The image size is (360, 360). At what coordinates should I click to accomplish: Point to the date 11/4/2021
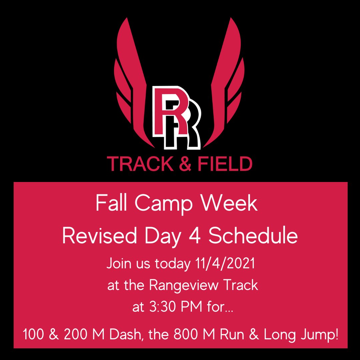point(224,264)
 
